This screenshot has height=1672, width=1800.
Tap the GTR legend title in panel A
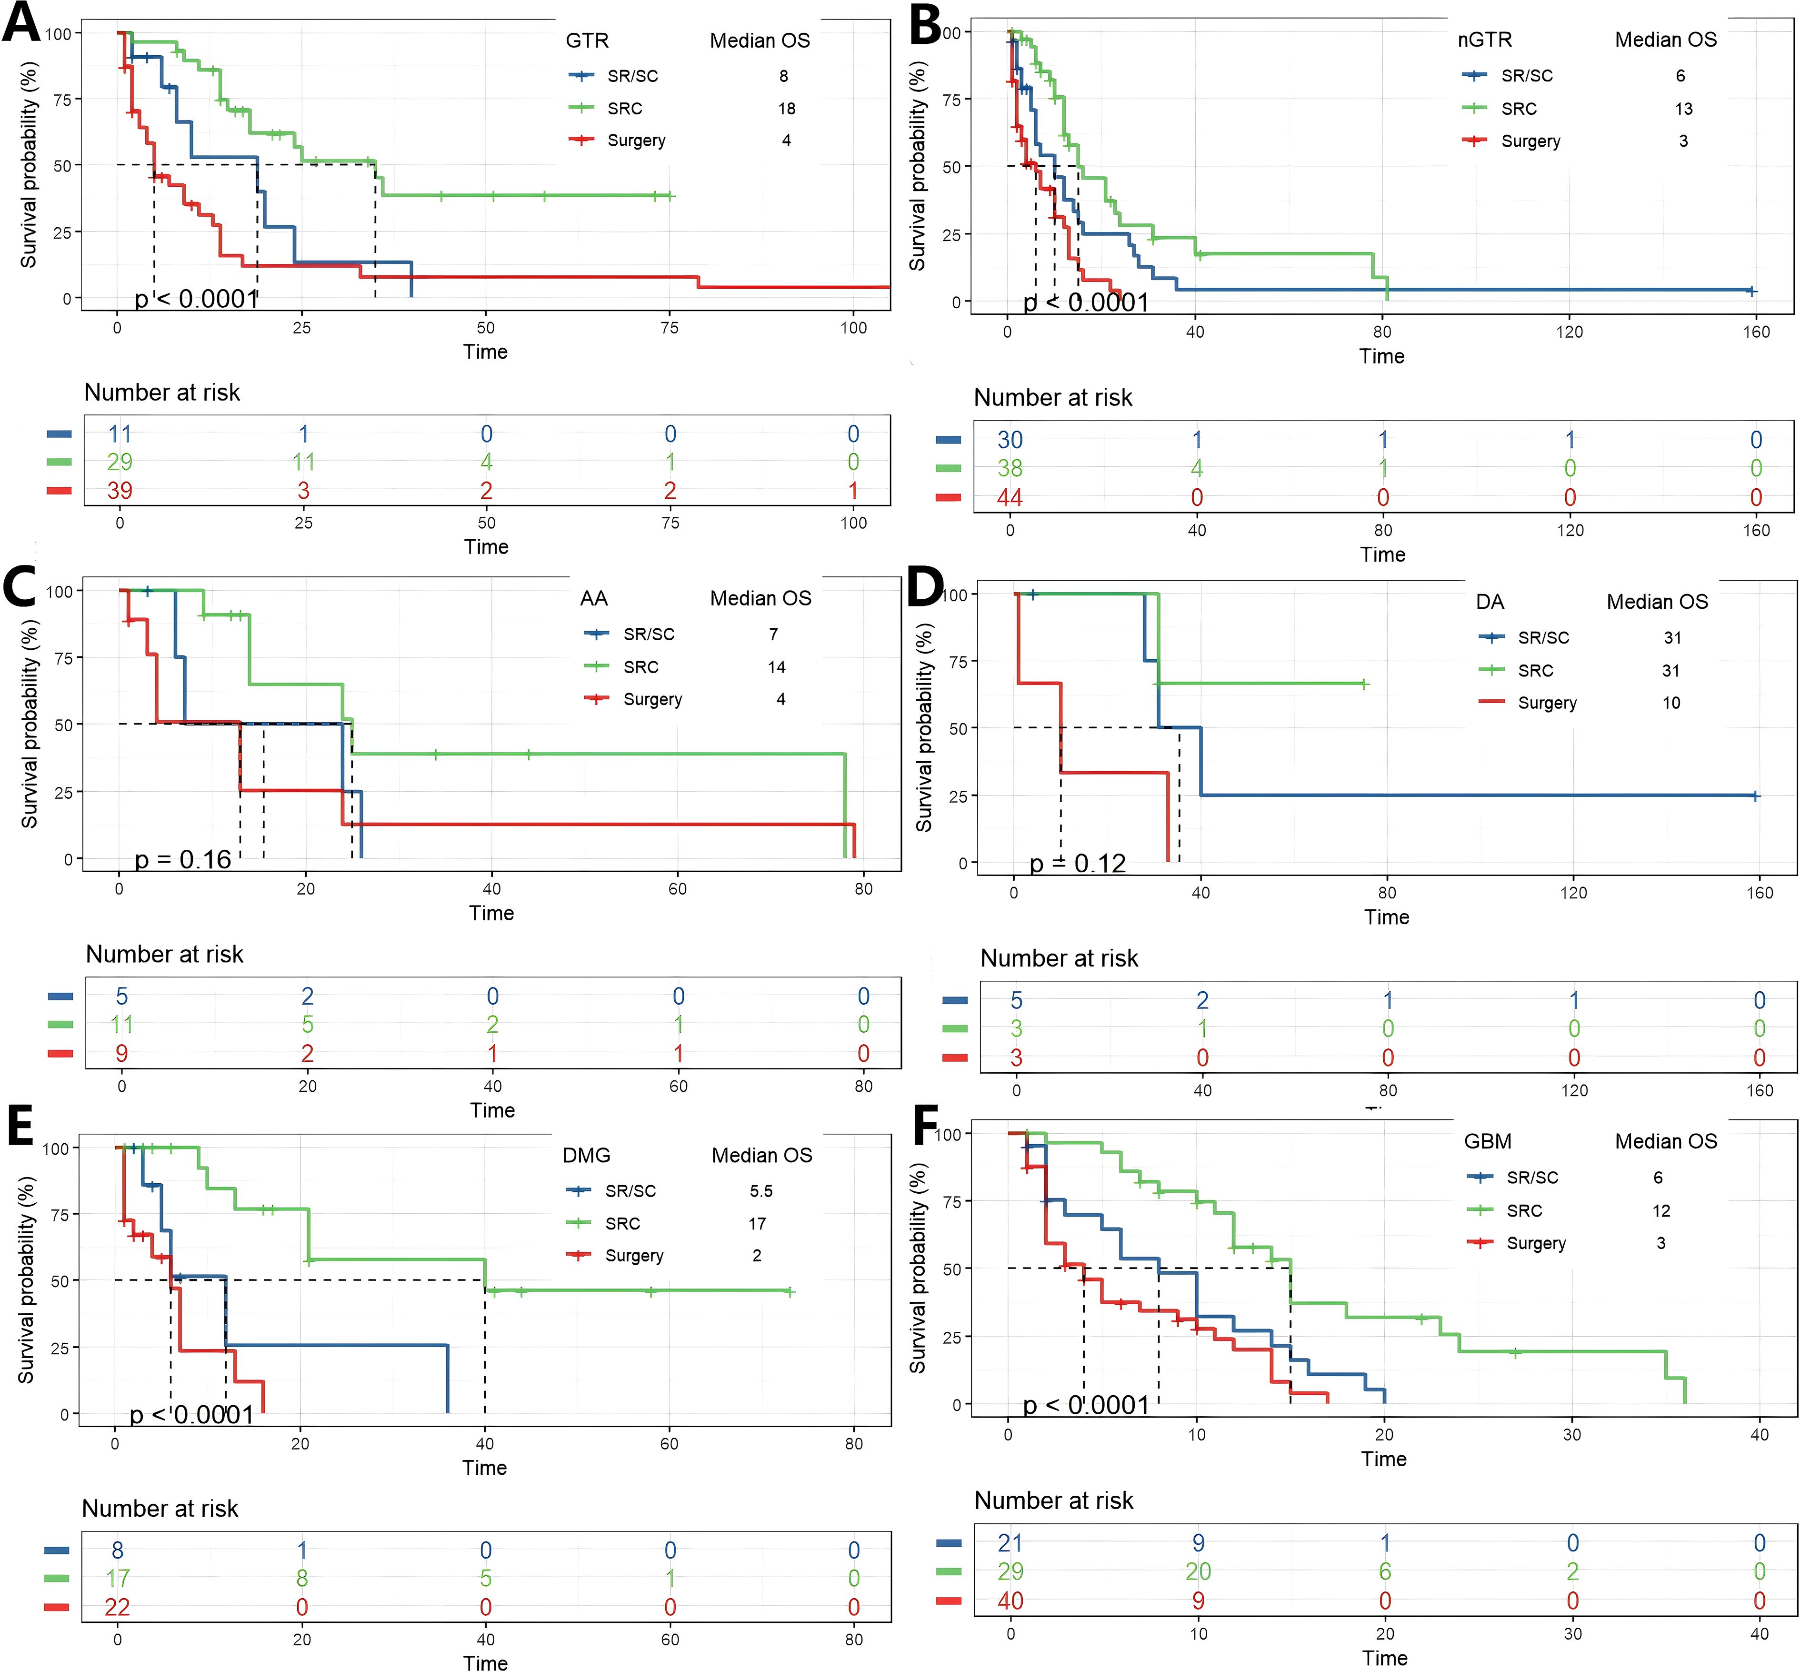pos(587,40)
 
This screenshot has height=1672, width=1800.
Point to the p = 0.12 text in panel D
pos(1077,863)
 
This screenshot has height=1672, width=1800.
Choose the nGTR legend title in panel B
pos(1484,40)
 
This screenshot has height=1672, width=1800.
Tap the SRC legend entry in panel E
pos(622,1223)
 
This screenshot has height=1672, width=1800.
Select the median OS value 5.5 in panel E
pos(760,1191)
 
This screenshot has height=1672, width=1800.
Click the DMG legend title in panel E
pos(586,1155)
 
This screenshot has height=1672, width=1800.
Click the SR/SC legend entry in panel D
pos(1543,638)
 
